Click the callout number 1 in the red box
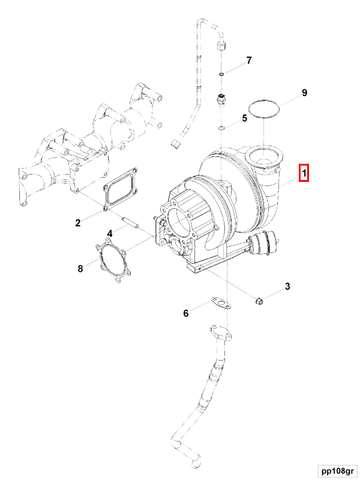click(x=304, y=174)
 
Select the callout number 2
click(x=77, y=223)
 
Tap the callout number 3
click(x=287, y=287)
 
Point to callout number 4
click(x=110, y=233)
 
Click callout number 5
click(x=244, y=118)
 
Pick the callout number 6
click(x=186, y=313)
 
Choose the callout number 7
click(x=248, y=61)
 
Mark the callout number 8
click(x=80, y=268)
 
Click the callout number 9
click(x=304, y=92)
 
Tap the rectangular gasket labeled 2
click(x=121, y=191)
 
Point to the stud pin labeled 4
click(x=130, y=223)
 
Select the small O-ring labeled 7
click(x=221, y=74)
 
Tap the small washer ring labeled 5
click(x=222, y=127)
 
